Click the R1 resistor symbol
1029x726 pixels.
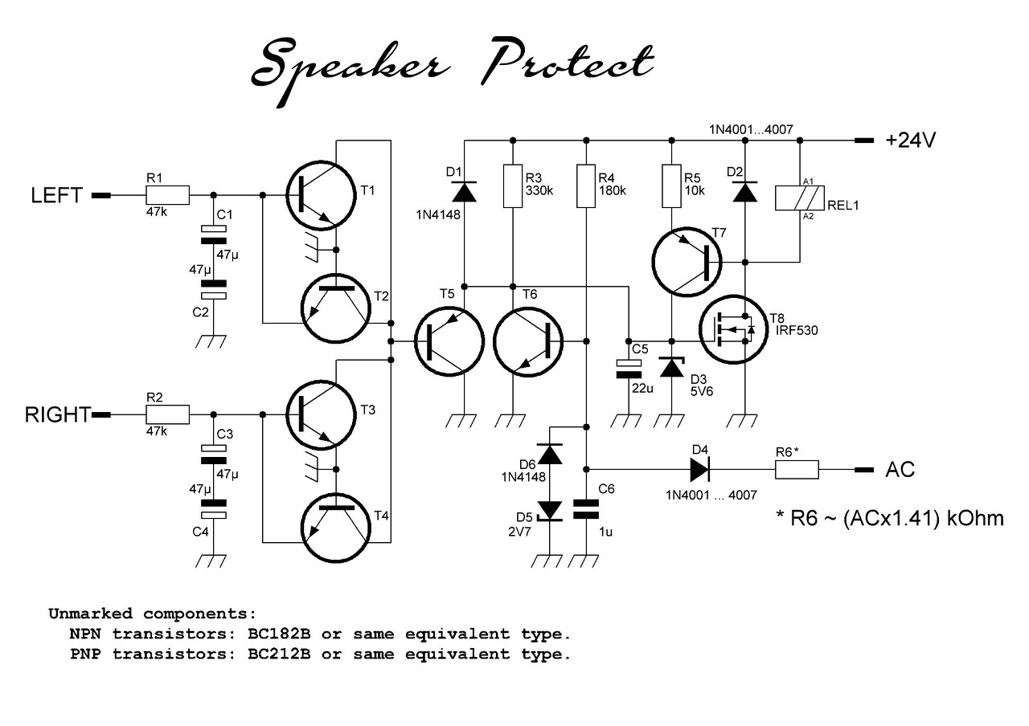[168, 195]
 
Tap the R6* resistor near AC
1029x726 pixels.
[797, 470]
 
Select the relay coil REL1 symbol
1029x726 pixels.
[800, 198]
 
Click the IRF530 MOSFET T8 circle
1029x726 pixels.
[734, 329]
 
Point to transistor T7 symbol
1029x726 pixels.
[687, 262]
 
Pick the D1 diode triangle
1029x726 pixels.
[464, 192]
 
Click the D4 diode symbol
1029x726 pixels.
[699, 470]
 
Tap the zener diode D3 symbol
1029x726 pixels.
[671, 367]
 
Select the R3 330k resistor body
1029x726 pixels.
[513, 186]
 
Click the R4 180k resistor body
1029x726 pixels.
[586, 186]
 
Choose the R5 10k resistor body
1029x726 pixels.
[671, 186]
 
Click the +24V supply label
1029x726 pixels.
[911, 140]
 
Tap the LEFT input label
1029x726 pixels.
[56, 195]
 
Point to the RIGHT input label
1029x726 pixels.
[58, 415]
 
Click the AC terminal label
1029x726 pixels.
[900, 470]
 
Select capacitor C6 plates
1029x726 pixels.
[586, 509]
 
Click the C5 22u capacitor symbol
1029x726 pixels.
[629, 369]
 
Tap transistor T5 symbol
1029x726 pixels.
[449, 341]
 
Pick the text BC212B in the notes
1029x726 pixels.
[279, 654]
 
